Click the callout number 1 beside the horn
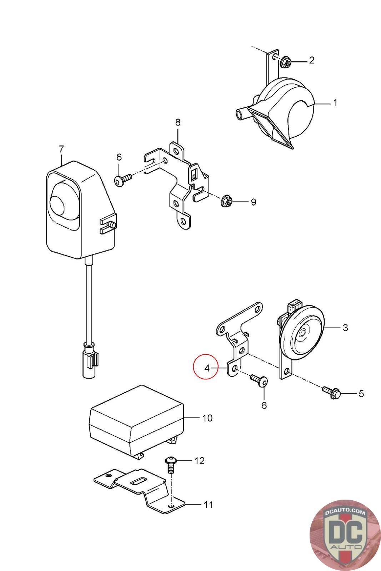pos(335,103)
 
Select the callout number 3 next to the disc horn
pos(345,327)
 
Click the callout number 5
pos(361,394)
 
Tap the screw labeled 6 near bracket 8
pos(121,180)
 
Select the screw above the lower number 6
pos(260,381)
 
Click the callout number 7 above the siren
pos(61,148)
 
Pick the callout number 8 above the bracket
pos(177,123)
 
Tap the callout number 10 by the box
pos(207,418)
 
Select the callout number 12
pos(199,461)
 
